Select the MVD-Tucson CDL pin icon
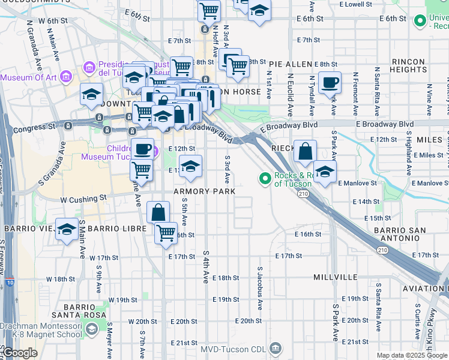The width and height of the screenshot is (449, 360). point(275,347)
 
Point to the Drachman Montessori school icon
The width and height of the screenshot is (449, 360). point(91,329)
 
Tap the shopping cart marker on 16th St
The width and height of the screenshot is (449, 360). point(165,233)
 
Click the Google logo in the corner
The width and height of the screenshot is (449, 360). point(20,353)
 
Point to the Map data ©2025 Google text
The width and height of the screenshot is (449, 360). point(412,355)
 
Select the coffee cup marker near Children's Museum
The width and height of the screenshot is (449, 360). point(142,148)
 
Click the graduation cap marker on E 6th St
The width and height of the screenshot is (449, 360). point(259,11)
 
